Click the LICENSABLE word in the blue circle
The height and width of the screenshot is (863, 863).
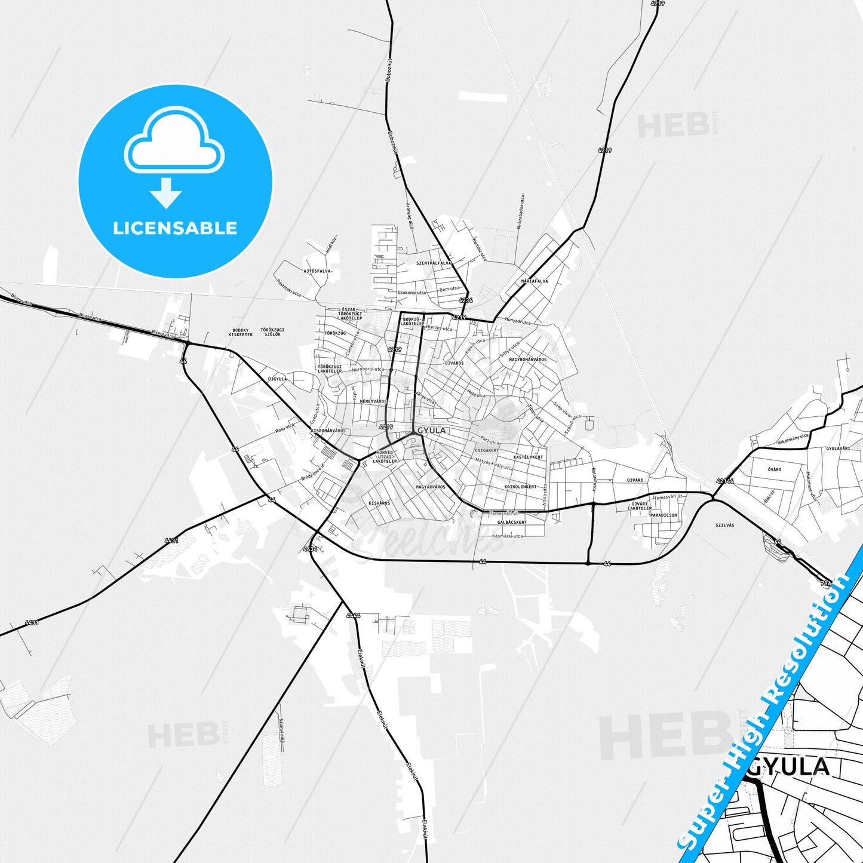pyautogui.click(x=175, y=228)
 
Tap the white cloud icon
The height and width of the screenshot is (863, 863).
pyautogui.click(x=174, y=141)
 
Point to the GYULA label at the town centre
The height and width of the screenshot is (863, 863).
pyautogui.click(x=431, y=431)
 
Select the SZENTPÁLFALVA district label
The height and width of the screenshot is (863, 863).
pyautogui.click(x=434, y=263)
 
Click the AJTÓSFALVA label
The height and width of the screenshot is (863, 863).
pyautogui.click(x=317, y=271)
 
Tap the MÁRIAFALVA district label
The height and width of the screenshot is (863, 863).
pyautogui.click(x=535, y=281)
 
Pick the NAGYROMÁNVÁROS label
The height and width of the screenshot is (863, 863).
pyautogui.click(x=527, y=360)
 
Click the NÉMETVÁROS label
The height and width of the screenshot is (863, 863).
pyautogui.click(x=373, y=401)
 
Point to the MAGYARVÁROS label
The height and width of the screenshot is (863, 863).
pyautogui.click(x=431, y=487)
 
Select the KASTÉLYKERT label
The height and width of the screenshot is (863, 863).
pyautogui.click(x=528, y=457)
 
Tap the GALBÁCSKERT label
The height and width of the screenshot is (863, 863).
pyautogui.click(x=512, y=522)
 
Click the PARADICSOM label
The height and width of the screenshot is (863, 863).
pyautogui.click(x=664, y=515)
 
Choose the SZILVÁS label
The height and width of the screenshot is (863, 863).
pyautogui.click(x=724, y=525)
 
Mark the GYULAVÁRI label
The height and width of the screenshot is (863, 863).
pyautogui.click(x=838, y=449)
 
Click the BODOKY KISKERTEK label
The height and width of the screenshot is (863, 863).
pyautogui.click(x=241, y=332)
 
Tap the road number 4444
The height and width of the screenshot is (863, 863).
pyautogui.click(x=353, y=615)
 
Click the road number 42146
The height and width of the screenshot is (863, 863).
pyautogui.click(x=724, y=480)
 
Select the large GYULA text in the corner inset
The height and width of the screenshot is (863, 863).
pyautogui.click(x=789, y=767)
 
